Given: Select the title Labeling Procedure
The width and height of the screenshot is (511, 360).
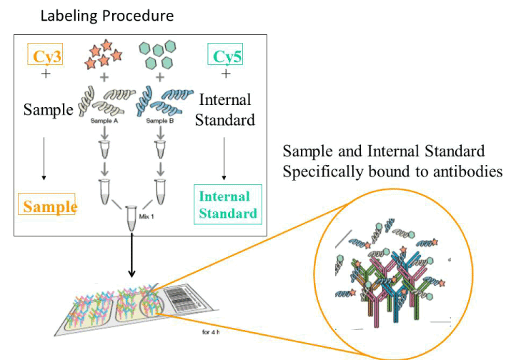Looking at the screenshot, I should click(107, 15).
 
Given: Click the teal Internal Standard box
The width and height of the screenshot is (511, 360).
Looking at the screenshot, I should click(227, 205).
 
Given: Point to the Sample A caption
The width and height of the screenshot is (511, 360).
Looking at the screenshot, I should click(103, 122).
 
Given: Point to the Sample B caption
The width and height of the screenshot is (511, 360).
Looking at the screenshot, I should click(159, 122).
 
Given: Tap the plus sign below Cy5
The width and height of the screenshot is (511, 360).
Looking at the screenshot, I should click(227, 73).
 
